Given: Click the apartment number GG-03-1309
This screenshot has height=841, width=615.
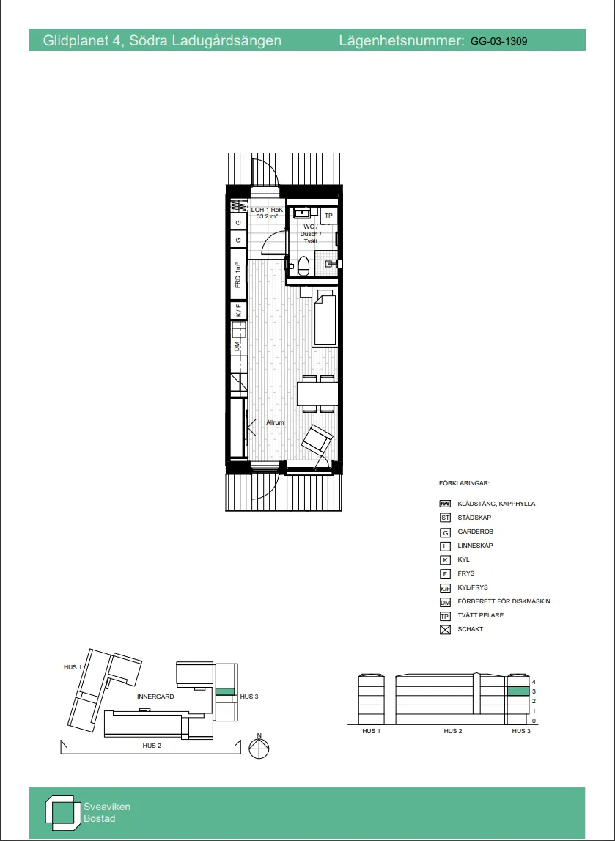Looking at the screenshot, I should (x=498, y=41).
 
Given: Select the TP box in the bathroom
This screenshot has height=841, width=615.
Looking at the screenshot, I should (x=328, y=216).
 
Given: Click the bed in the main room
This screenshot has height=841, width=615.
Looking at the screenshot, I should (x=325, y=319).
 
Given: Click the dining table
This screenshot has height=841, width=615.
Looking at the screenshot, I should (x=317, y=394).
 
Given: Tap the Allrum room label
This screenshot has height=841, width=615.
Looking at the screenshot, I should (x=275, y=422).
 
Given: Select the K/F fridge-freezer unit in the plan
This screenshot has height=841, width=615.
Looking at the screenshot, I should (x=238, y=310).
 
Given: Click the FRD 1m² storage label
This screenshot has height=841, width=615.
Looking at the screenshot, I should (x=238, y=276).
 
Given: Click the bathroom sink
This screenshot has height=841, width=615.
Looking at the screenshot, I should (x=303, y=213).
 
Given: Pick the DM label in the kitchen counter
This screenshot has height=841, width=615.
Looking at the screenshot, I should (x=237, y=347).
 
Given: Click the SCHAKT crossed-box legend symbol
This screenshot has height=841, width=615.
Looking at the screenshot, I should (x=444, y=630).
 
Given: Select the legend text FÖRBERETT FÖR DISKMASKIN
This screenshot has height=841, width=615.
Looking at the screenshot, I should (x=504, y=601).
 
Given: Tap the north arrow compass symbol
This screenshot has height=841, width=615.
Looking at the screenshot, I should (x=259, y=747).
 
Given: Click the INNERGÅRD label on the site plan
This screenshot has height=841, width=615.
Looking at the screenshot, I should (x=155, y=697).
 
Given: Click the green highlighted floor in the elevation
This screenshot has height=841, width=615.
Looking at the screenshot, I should (x=518, y=691).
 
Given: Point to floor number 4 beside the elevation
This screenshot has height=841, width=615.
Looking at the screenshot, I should (x=534, y=681).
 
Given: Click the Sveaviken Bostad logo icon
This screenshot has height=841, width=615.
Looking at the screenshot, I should (x=62, y=812).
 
